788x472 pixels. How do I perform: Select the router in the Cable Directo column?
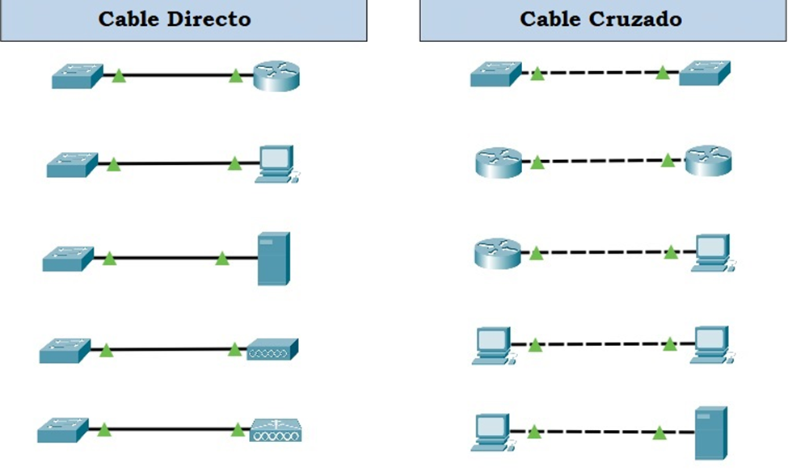click(276, 77)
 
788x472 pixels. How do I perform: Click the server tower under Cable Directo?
click(273, 259)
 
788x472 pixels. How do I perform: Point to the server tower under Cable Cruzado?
click(711, 432)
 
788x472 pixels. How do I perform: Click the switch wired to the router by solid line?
click(77, 76)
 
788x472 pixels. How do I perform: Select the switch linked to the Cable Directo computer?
click(72, 164)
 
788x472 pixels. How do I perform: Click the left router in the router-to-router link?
click(497, 162)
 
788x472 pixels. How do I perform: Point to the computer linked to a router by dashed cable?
click(710, 252)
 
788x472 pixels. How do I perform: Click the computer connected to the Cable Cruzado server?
click(492, 432)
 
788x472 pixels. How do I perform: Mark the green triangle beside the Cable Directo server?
click(222, 259)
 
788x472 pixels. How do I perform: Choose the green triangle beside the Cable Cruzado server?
click(660, 432)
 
